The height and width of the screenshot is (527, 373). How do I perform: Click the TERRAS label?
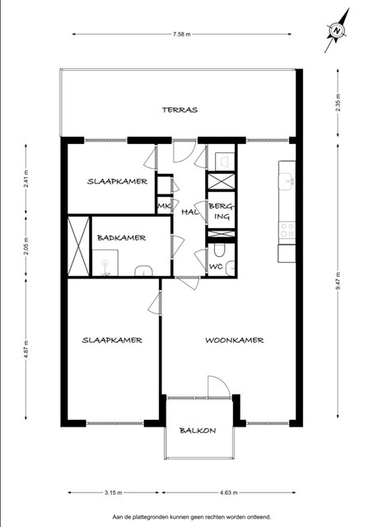180,110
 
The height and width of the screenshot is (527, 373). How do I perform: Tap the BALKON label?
198,431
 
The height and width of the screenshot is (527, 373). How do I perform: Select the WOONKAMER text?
235,340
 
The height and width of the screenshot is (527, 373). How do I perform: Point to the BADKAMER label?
121,238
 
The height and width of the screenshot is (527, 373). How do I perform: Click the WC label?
216,267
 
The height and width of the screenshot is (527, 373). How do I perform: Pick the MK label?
164,206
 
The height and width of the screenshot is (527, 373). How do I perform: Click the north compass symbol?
337,30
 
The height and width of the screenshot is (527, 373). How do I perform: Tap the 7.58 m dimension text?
182,34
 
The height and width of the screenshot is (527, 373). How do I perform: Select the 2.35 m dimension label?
338,102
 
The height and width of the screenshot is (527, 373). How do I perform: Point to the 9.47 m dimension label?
338,281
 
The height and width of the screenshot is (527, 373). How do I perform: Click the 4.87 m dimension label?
26,349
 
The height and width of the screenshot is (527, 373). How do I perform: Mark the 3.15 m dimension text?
113,492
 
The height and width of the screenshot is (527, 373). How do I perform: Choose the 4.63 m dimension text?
229,492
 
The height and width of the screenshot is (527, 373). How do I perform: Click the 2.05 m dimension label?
26,246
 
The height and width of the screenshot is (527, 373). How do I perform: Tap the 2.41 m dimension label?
26,180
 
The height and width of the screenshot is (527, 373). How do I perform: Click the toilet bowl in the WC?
219,250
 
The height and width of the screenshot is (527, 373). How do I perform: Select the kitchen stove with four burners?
287,230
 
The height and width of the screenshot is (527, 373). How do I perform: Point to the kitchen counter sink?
286,181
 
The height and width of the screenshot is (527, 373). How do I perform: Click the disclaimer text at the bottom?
192,517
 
